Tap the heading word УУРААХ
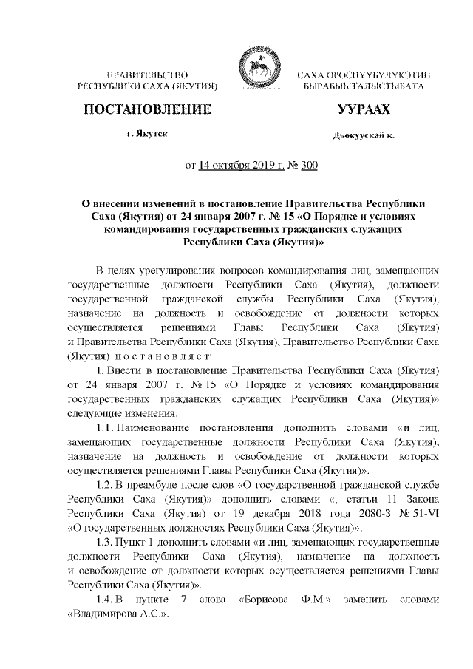(x=364, y=110)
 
